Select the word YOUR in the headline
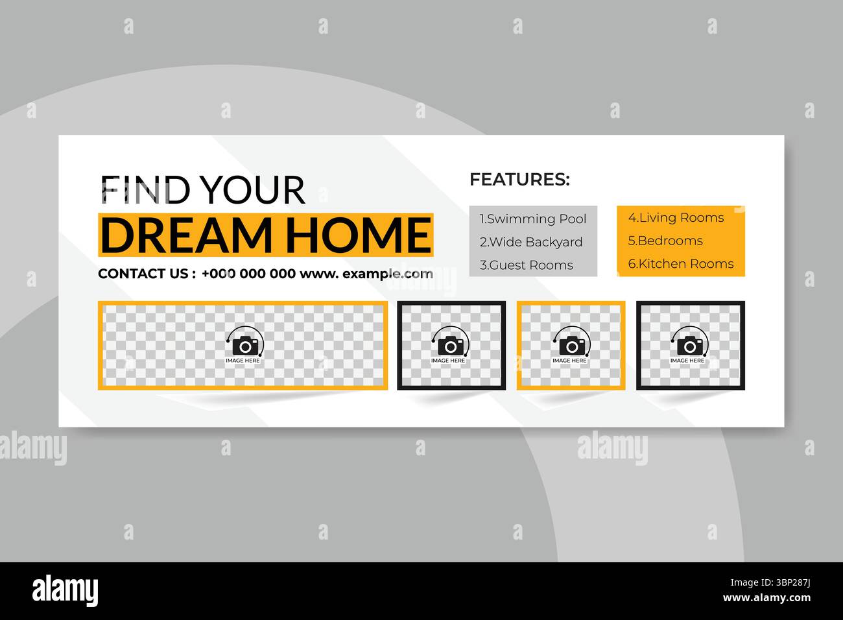pyautogui.click(x=252, y=190)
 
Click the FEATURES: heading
pyautogui.click(x=519, y=179)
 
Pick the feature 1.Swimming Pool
pyautogui.click(x=533, y=219)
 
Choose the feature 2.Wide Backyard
pyautogui.click(x=531, y=243)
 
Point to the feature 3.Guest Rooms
pyautogui.click(x=527, y=265)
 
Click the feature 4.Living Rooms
pyautogui.click(x=676, y=218)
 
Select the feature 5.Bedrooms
pyautogui.click(x=665, y=241)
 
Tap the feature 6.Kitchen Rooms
pyautogui.click(x=681, y=264)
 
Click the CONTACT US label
pyautogui.click(x=143, y=274)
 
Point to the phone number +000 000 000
pyautogui.click(x=248, y=274)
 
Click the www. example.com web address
pyautogui.click(x=366, y=274)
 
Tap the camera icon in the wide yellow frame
pyautogui.click(x=243, y=344)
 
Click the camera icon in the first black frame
pyautogui.click(x=449, y=344)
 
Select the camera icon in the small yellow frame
pyautogui.click(x=570, y=344)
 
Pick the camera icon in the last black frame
pyautogui.click(x=688, y=344)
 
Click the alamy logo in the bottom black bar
pyautogui.click(x=65, y=590)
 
